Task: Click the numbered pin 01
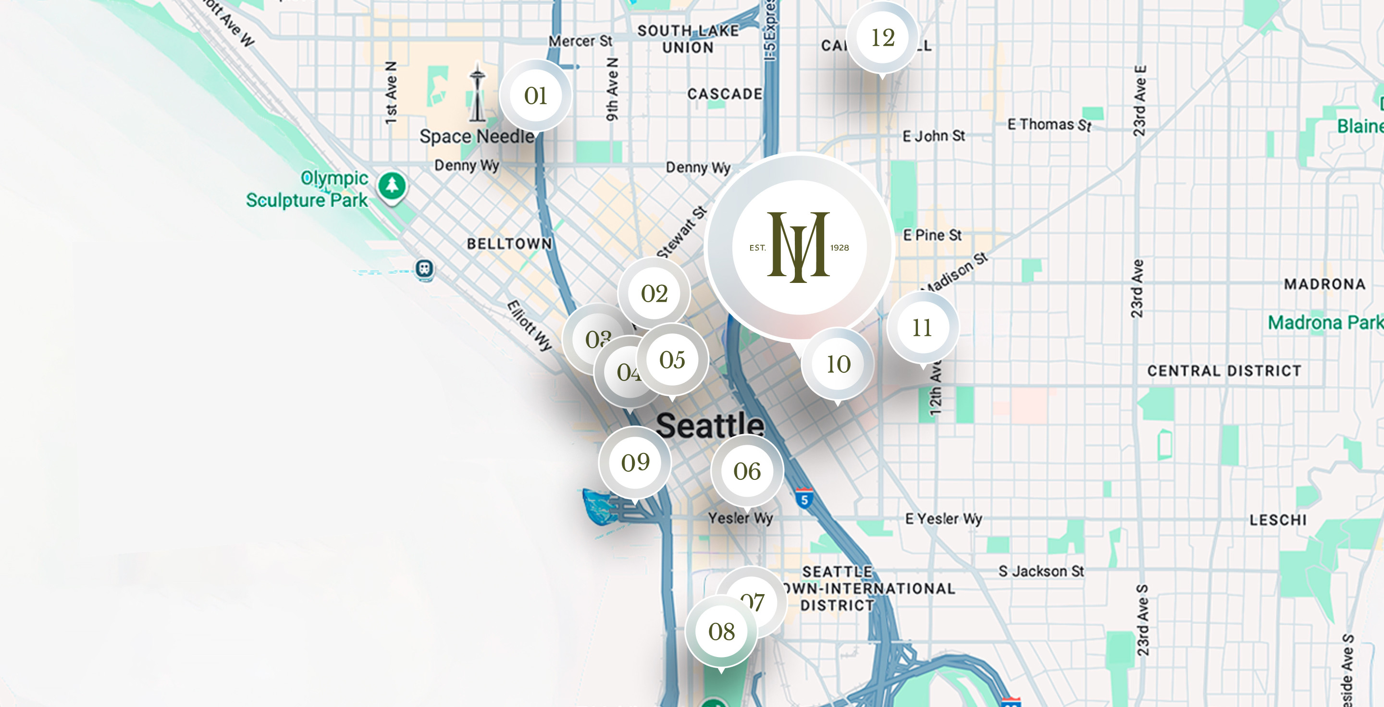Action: tap(535, 96)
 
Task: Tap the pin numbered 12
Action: tap(882, 37)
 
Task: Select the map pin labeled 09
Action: tap(635, 463)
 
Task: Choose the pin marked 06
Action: tap(747, 471)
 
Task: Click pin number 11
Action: tap(922, 328)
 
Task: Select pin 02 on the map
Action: tap(654, 293)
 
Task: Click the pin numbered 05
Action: tap(672, 360)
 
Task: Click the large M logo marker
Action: tap(799, 247)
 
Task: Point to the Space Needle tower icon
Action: tap(477, 94)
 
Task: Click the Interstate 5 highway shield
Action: tap(804, 499)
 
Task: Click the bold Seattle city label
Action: tap(710, 425)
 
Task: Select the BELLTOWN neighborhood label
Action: tap(509, 244)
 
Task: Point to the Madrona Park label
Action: tap(1324, 323)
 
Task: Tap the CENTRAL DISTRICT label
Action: tap(1224, 371)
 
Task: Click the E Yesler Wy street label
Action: tap(943, 519)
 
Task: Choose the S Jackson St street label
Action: tap(1041, 571)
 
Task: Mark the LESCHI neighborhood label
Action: tap(1278, 520)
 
